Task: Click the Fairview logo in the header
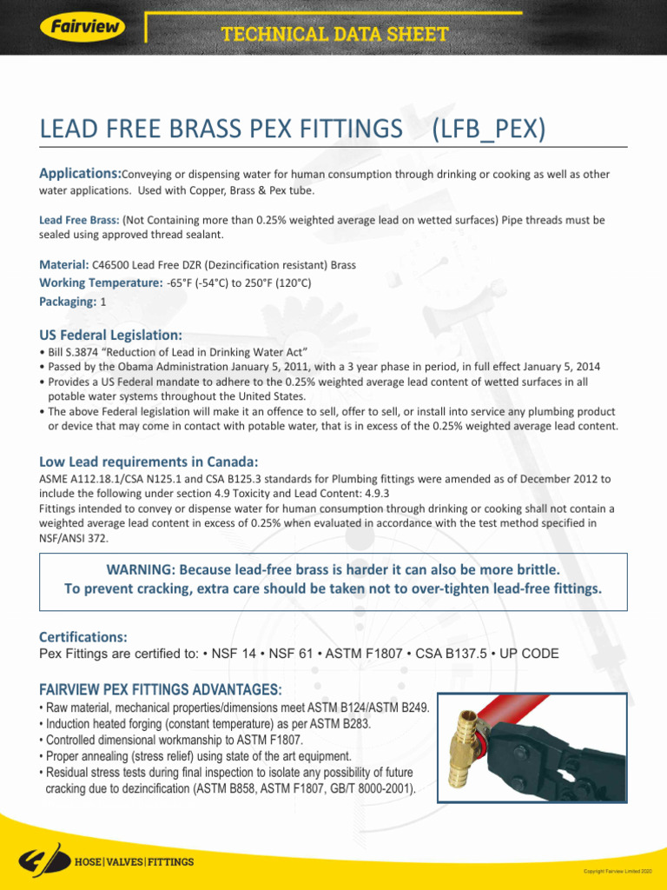[82, 26]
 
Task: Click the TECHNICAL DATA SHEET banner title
[334, 35]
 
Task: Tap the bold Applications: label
[80, 174]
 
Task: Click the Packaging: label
[68, 302]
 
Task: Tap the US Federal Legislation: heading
[111, 335]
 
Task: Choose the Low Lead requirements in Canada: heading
[149, 461]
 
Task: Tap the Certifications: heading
[83, 637]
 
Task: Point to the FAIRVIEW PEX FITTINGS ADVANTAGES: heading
[161, 689]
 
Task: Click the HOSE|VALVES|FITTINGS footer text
[135, 862]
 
